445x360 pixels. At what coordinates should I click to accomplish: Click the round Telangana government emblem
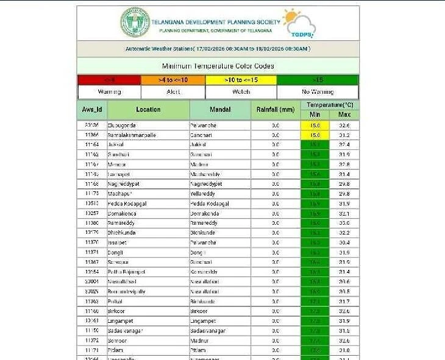pyautogui.click(x=135, y=23)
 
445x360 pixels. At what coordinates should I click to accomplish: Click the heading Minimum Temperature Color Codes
pyautogui.click(x=218, y=66)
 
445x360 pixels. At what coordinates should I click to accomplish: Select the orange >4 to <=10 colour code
pyautogui.click(x=173, y=80)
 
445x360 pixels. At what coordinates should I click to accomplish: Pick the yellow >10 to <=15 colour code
pyautogui.click(x=241, y=80)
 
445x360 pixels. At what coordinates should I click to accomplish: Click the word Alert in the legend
pyautogui.click(x=173, y=92)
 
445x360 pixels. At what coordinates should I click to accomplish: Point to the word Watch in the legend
pyautogui.click(x=241, y=92)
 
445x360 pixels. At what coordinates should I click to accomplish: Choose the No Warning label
pyautogui.click(x=318, y=92)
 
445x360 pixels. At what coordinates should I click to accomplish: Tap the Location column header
pyautogui.click(x=148, y=110)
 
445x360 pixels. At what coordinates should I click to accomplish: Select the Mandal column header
pyautogui.click(x=220, y=110)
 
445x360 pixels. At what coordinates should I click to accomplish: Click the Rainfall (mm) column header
pyautogui.click(x=276, y=110)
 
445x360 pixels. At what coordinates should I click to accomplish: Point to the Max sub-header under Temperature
pyautogui.click(x=344, y=115)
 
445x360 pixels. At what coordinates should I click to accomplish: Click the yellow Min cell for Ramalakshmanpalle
pyautogui.click(x=315, y=135)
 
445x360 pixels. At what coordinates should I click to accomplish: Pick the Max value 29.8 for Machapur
pyautogui.click(x=344, y=193)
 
